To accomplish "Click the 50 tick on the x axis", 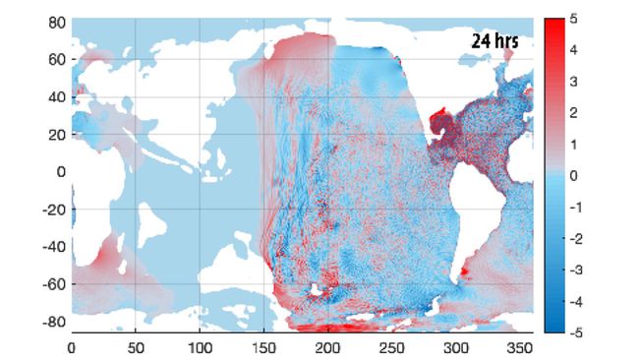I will pyautogui.click(x=136, y=346).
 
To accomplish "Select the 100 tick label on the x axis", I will pyautogui.click(x=200, y=346).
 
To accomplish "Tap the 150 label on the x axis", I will pyautogui.click(x=264, y=346).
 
